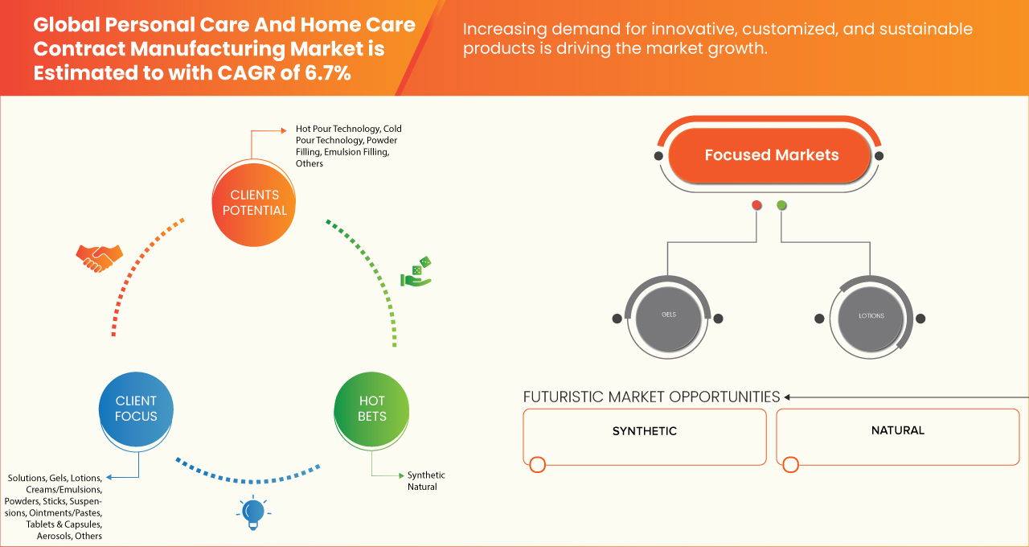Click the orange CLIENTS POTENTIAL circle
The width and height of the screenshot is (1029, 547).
(254, 203)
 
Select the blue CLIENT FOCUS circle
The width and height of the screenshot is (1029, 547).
(136, 409)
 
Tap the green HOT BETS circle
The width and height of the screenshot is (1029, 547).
(372, 409)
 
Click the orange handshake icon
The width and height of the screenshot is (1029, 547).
(99, 257)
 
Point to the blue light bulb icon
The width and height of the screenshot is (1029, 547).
(253, 512)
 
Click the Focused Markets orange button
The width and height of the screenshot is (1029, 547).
(771, 155)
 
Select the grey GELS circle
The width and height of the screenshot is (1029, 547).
(668, 315)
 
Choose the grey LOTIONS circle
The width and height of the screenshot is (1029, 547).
(871, 316)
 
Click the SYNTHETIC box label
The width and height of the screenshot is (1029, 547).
(645, 431)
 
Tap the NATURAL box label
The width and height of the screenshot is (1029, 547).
(898, 430)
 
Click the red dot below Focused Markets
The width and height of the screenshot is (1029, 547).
(756, 206)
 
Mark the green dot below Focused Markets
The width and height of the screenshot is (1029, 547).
(781, 206)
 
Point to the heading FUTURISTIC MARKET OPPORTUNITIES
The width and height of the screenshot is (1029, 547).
(651, 397)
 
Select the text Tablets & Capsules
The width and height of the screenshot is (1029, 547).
(64, 524)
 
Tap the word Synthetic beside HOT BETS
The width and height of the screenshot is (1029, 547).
(426, 475)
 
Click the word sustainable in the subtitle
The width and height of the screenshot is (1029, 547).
(920, 30)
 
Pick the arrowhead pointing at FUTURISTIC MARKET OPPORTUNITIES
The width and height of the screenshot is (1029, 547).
(788, 397)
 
